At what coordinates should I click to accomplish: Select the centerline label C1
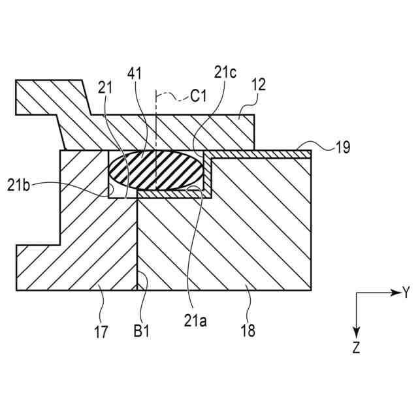coord(199,97)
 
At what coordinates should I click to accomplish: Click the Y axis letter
coord(406,293)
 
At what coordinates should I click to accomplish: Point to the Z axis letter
coord(356,347)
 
